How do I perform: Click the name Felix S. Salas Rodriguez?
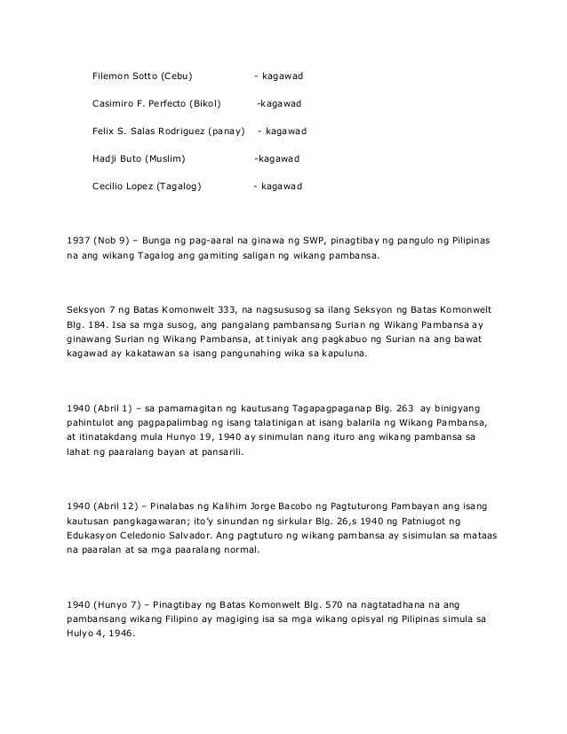[146, 132]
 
